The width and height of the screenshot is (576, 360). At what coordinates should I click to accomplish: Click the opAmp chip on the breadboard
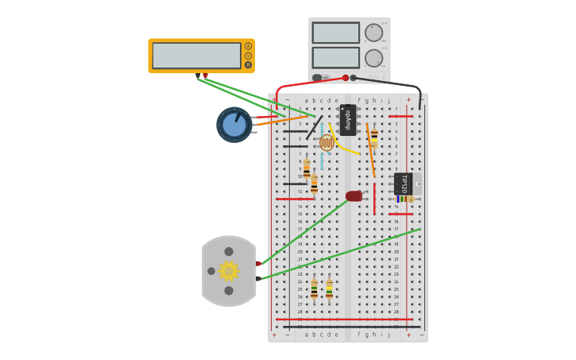pyautogui.click(x=347, y=119)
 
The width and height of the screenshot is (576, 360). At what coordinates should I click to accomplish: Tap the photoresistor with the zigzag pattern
pyautogui.click(x=327, y=142)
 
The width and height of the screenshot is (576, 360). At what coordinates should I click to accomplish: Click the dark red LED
pyautogui.click(x=354, y=195)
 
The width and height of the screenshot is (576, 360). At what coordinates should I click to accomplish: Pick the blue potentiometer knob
pyautogui.click(x=234, y=125)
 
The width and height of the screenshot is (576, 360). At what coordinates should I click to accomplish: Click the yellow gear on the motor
pyautogui.click(x=229, y=271)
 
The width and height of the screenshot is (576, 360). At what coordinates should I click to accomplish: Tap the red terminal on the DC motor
pyautogui.click(x=258, y=263)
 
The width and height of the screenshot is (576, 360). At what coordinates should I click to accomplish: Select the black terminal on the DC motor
pyautogui.click(x=258, y=278)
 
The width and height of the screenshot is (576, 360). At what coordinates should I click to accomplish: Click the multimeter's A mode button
pyautogui.click(x=248, y=46)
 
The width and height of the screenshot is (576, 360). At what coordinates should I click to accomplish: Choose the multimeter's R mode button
pyautogui.click(x=248, y=65)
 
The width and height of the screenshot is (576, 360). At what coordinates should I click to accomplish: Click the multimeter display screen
pyautogui.click(x=196, y=56)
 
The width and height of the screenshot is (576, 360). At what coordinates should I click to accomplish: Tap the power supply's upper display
pyautogui.click(x=335, y=33)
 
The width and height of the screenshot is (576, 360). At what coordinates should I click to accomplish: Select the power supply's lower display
pyautogui.click(x=335, y=58)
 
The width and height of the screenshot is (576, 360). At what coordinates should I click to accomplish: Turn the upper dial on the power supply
pyautogui.click(x=373, y=33)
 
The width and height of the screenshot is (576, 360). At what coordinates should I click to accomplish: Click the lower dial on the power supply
pyautogui.click(x=373, y=58)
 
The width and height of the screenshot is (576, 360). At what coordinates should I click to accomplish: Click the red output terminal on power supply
pyautogui.click(x=346, y=78)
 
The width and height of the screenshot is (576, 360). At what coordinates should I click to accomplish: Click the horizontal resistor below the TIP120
pyautogui.click(x=405, y=199)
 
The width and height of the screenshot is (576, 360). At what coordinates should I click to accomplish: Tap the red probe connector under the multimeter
pyautogui.click(x=205, y=75)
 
